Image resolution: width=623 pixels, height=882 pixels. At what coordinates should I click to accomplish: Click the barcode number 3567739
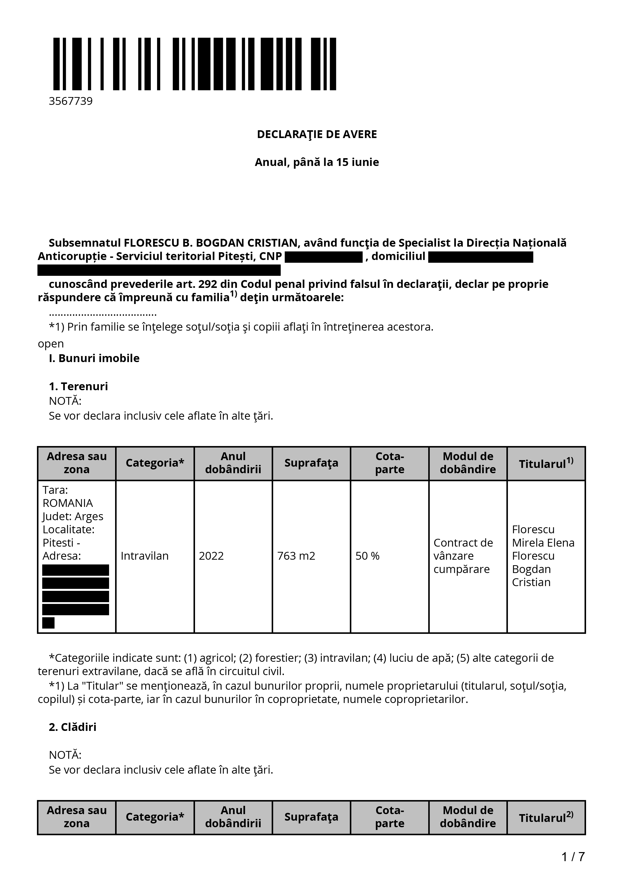point(71,101)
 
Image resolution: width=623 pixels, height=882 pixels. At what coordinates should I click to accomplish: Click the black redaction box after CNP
point(324,257)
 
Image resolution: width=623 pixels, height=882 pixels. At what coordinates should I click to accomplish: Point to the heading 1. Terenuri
point(78,386)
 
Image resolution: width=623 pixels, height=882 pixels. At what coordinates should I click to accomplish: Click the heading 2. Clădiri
point(73,727)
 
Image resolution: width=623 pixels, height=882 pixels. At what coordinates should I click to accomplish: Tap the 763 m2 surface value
point(296,556)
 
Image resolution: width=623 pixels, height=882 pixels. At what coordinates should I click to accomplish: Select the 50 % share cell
point(367,556)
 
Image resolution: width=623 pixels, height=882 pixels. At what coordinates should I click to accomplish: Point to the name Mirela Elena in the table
point(543,543)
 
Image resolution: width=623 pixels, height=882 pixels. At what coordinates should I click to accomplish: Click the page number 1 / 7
point(573,856)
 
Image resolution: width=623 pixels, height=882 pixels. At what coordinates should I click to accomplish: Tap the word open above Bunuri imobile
point(51,343)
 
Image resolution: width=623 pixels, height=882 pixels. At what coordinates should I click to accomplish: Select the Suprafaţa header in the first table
point(311,463)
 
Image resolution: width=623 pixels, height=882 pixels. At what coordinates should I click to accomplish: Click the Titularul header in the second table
point(546,818)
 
